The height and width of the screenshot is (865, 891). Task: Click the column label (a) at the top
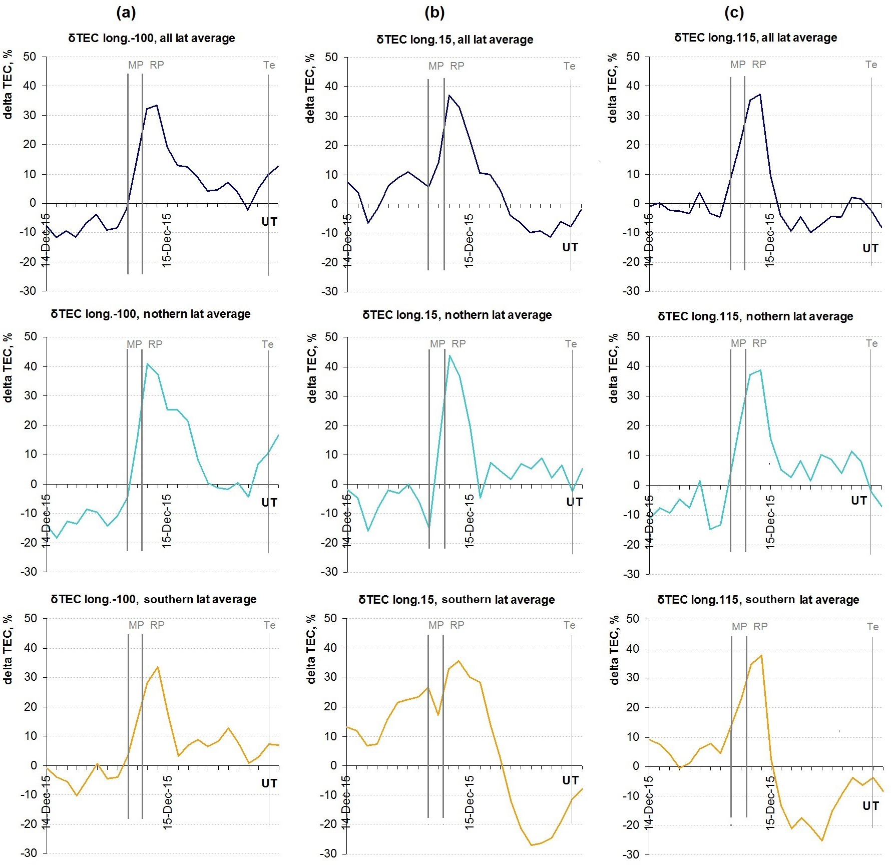tap(126, 13)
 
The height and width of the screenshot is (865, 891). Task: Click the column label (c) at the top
tap(734, 13)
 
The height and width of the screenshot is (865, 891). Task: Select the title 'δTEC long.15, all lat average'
tap(455, 40)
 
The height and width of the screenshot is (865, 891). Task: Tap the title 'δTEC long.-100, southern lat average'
tap(153, 599)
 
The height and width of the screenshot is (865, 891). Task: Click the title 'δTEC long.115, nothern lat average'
tap(755, 316)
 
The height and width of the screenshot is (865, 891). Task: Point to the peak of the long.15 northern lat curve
tap(450, 355)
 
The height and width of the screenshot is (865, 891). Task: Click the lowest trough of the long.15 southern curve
tap(531, 845)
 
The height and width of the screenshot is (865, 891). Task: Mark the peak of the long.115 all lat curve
tap(760, 94)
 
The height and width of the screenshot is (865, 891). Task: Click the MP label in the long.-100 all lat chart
tap(136, 65)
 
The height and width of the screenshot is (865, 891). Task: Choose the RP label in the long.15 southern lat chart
tap(457, 625)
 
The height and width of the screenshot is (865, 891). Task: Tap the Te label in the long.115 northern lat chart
tap(871, 343)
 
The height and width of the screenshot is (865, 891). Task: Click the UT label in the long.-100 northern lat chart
tap(269, 502)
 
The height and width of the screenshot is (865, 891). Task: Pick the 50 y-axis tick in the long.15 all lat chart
tap(331, 57)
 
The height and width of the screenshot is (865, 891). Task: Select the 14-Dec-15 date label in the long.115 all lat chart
tap(648, 240)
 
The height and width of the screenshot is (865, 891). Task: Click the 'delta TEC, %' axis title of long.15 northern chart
tap(312, 368)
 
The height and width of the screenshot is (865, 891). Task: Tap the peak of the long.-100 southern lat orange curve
tap(158, 667)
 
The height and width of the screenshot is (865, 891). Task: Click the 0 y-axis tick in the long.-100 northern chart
tap(34, 484)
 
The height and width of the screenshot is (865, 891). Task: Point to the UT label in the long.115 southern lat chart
tap(870, 805)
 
